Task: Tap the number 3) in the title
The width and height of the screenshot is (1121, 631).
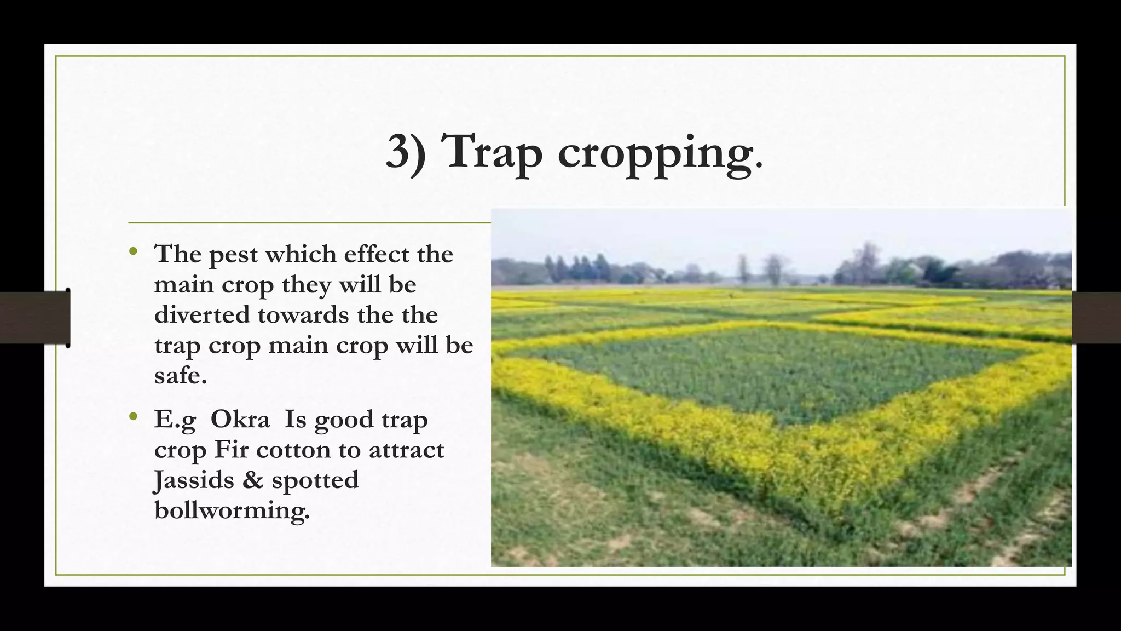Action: (406, 152)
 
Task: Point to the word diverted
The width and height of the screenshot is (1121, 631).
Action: (201, 315)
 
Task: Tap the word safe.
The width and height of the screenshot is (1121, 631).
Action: (181, 376)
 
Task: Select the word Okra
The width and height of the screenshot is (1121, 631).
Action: (240, 420)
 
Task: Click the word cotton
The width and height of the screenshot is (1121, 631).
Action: (293, 450)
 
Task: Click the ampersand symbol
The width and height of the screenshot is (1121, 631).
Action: (252, 480)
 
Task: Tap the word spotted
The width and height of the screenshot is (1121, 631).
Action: (315, 481)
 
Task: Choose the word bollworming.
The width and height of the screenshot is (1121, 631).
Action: (232, 510)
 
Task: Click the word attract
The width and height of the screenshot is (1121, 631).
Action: (406, 450)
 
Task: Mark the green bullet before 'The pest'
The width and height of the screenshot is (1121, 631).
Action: (133, 252)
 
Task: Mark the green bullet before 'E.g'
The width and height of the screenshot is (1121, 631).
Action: (133, 417)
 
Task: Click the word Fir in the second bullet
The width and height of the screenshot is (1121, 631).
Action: (231, 450)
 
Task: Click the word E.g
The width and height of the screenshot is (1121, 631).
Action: (175, 421)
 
